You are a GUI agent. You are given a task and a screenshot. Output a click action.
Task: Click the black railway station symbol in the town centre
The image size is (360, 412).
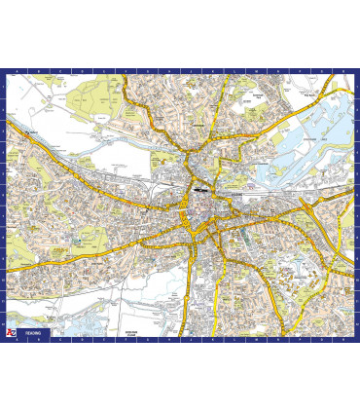coord(198,190)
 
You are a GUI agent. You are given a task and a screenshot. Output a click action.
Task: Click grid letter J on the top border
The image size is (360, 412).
coord(190,71)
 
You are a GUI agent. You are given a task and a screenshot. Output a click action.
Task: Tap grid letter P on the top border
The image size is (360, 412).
coord(306,71)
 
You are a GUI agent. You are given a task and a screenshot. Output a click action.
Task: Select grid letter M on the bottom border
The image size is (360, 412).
coord(248,339)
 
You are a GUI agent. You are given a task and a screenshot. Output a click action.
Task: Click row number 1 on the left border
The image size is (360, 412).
coord(3,86)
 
